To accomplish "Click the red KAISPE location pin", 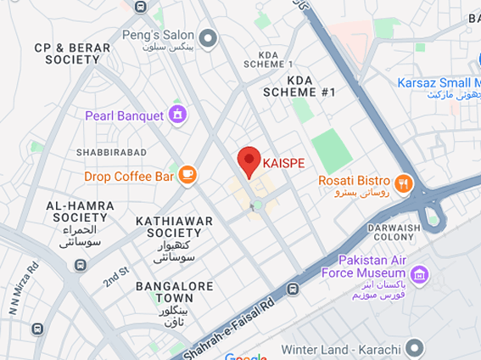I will point(248,160).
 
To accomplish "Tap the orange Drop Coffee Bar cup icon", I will point(187,176).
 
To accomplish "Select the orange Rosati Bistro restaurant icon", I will point(402,181).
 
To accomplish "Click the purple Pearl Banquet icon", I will point(177,115).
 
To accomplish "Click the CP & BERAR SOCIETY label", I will point(72,54).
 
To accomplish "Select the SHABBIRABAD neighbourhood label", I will point(111,153).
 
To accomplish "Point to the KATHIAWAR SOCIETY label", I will point(174,228).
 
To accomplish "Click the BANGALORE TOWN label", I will point(174,293).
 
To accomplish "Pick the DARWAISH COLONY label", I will point(395,233).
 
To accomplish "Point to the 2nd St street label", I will point(115,276).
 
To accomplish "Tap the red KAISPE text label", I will point(283,162).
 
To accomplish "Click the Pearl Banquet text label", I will point(124,115).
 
